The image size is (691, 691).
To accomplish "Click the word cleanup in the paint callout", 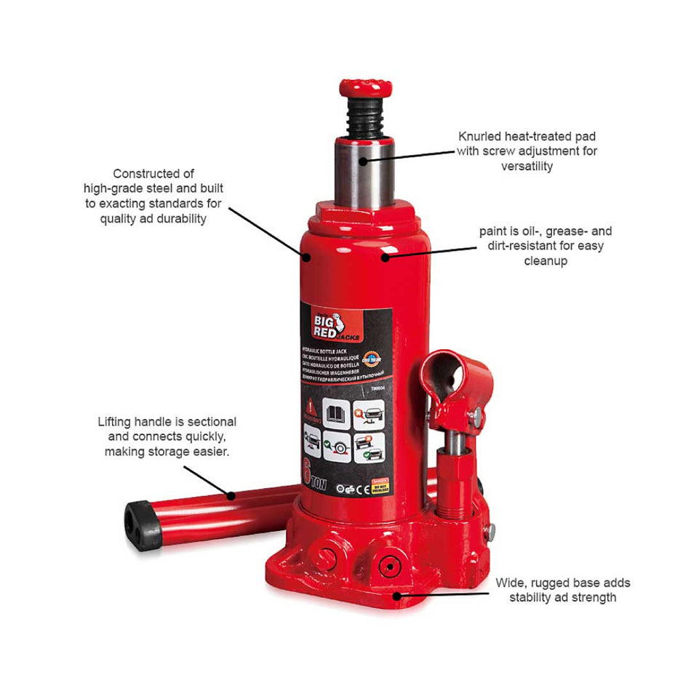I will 546,260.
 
